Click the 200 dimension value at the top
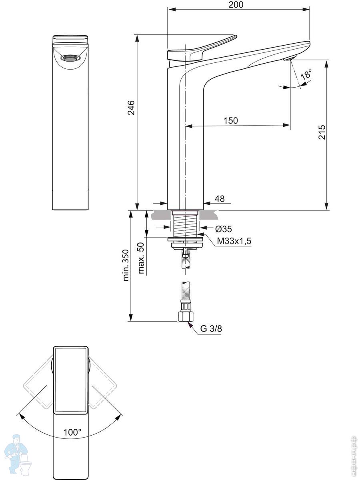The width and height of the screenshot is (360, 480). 236,4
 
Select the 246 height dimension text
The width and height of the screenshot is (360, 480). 131,108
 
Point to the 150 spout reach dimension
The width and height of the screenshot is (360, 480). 231,120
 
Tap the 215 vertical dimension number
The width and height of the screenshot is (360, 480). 322,132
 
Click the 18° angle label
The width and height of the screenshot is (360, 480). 306,75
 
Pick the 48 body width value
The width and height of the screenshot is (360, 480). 220,199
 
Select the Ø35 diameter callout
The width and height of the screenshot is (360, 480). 224,229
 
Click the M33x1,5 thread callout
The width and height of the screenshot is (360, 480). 234,241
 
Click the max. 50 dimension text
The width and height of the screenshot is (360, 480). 141,258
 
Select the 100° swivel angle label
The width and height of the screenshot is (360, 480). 72,432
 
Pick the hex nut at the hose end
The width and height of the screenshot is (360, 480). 185,316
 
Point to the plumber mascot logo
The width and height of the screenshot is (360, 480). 17,456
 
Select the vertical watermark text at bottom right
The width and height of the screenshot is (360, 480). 353,456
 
